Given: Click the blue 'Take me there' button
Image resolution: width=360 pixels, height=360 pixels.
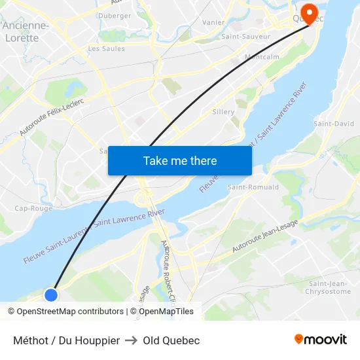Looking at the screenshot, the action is [180, 160].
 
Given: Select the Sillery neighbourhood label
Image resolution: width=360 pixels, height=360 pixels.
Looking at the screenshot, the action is [223, 112].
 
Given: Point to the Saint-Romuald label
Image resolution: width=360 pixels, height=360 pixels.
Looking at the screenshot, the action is [253, 187].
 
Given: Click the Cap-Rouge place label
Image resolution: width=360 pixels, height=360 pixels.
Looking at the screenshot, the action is [33, 208].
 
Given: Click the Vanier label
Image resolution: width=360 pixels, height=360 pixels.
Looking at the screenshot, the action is [213, 22].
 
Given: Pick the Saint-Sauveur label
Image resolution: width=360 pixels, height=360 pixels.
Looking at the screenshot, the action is [245, 37].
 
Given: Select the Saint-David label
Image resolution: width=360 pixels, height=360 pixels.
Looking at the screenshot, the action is [334, 124].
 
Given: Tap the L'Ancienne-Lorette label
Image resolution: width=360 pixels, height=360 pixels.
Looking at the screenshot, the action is [25, 31].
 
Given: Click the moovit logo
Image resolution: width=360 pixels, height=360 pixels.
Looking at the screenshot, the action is [320, 340].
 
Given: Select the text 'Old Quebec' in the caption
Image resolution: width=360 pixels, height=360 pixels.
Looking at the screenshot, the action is [171, 340].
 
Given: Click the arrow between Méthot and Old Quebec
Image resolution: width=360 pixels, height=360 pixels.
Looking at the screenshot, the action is [131, 340].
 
